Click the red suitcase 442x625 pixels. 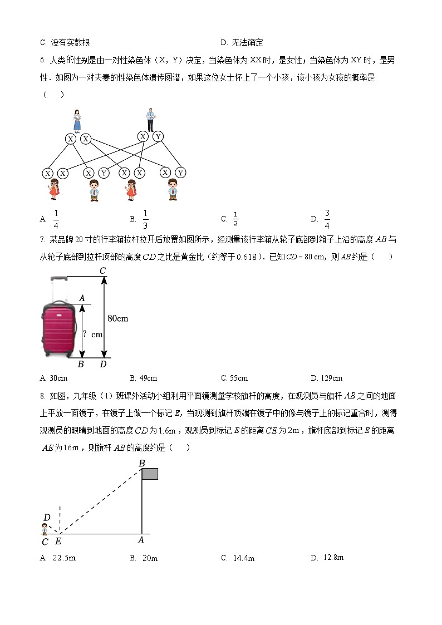[x=59, y=328]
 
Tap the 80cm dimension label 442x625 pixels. [x=117, y=318]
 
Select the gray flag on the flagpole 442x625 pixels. [x=150, y=474]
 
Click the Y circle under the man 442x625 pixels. [x=158, y=136]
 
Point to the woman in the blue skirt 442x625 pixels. [x=77, y=120]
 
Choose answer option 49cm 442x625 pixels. [x=143, y=378]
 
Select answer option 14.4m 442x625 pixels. [x=238, y=558]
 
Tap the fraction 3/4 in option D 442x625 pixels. [x=327, y=219]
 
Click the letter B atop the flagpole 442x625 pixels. [x=141, y=463]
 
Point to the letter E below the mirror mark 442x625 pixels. [x=58, y=541]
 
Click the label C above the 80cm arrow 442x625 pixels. [x=103, y=271]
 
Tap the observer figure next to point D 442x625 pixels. [x=45, y=528]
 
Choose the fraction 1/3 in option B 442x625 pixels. [x=145, y=219]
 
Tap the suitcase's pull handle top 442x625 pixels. [x=58, y=278]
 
